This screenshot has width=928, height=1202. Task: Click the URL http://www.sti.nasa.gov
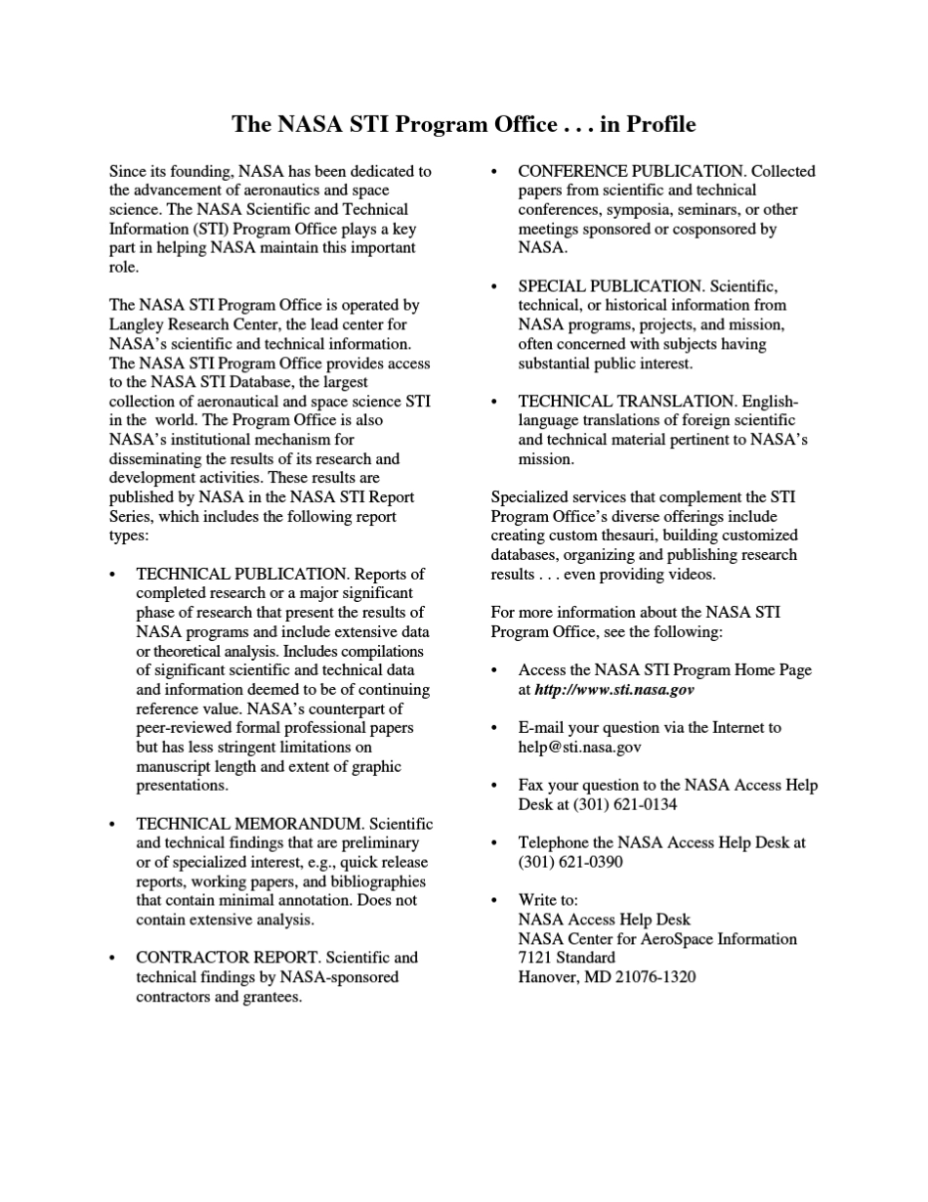click(613, 690)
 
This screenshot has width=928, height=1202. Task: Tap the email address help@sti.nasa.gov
click(579, 748)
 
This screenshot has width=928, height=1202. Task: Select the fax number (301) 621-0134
click(597, 805)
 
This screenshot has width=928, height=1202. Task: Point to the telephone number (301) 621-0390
click(569, 862)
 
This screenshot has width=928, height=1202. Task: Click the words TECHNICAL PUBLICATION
click(241, 575)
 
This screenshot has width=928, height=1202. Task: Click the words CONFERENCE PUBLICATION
click(631, 171)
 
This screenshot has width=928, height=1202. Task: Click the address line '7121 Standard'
click(567, 958)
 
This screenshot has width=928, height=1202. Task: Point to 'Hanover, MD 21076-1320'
click(607, 977)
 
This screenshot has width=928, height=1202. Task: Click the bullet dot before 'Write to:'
click(495, 901)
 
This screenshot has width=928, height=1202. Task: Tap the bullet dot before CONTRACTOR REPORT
click(113, 959)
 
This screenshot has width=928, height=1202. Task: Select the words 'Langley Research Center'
click(190, 324)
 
